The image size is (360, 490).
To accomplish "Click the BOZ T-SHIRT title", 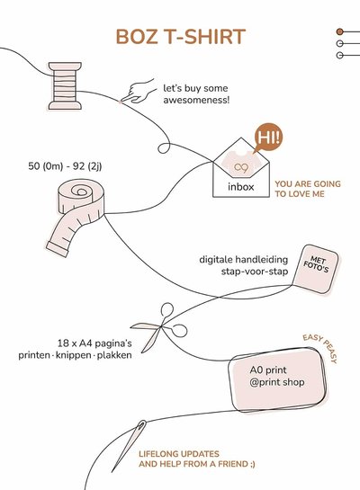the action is pos(181,37).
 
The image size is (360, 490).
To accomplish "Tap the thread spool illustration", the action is pos(65,86).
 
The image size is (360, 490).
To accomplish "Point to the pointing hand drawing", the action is pos(139,92).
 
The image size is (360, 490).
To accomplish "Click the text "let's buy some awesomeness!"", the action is pos(196,94).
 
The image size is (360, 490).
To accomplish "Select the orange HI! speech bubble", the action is pos(268,138).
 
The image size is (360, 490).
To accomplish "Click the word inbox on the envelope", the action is pos(241,187).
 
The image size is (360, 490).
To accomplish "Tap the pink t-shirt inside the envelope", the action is pos(240,163).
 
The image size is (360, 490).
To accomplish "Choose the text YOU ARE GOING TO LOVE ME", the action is pos(308,189).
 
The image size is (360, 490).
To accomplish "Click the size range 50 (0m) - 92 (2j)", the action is pos(65,166).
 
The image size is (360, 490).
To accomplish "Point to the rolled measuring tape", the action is pos(76,216).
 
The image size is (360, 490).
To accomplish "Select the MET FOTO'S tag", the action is pos(316,269).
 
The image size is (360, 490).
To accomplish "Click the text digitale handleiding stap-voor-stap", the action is pos(244,265).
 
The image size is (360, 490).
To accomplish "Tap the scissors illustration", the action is pos(159,327).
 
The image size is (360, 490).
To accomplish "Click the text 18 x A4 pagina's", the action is pos(94,343).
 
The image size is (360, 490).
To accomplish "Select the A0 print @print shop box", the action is pos(277,379).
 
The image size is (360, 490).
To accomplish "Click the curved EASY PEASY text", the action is pos(321,347).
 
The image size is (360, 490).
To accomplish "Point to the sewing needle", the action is pos(129,446).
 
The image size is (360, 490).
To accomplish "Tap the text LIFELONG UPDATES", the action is pos(179,454).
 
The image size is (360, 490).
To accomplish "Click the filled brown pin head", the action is pos(339,31).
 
